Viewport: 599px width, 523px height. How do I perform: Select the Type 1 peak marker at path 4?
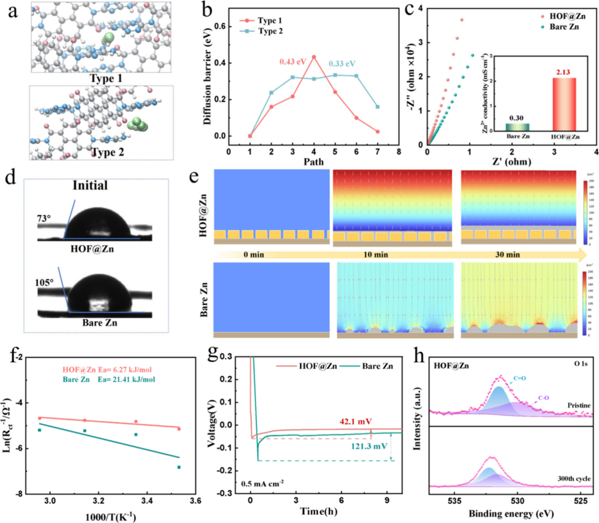314,57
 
